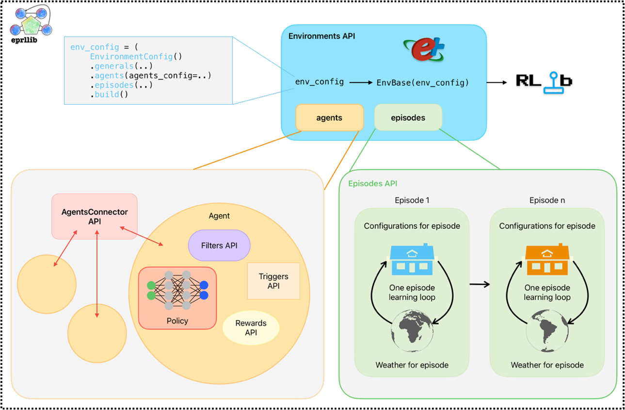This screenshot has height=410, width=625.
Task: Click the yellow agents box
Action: coord(329,117)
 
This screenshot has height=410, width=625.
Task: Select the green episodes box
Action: coord(408,117)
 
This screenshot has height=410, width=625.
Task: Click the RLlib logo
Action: coord(544,81)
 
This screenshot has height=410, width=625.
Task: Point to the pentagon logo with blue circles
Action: coord(31,22)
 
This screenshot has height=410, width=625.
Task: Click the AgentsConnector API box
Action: coord(95,216)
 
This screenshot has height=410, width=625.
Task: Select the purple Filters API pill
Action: coord(219,246)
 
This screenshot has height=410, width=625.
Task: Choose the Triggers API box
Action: coord(273,281)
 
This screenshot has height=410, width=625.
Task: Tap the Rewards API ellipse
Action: coord(251,328)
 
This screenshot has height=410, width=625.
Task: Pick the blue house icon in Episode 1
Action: coord(412,259)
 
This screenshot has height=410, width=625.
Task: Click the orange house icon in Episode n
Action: coord(547,259)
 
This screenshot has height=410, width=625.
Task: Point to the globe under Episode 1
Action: coord(412,331)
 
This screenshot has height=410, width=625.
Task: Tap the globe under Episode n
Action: coord(547,332)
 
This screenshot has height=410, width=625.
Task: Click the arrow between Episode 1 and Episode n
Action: coord(480,284)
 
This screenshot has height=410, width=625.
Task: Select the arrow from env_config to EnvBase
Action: coord(361,82)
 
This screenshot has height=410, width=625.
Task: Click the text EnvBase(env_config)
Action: coord(422,82)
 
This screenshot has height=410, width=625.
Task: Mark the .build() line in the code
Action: coord(109,94)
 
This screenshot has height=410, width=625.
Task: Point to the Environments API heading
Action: coord(321,36)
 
